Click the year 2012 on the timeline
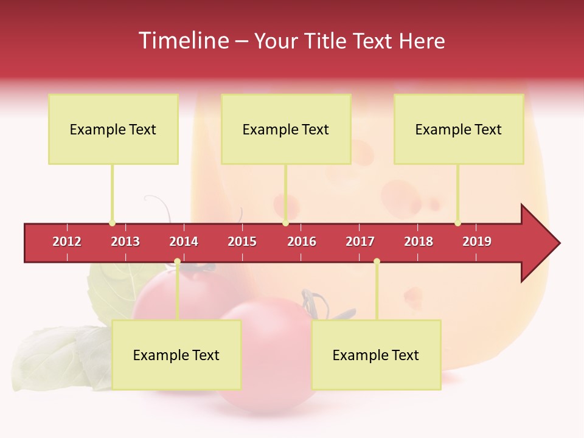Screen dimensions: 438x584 (67, 242)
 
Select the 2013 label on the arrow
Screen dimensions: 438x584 (125, 242)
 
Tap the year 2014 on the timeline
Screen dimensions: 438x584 (184, 242)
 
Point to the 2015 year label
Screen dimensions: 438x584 (242, 242)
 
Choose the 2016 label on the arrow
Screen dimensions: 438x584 (302, 242)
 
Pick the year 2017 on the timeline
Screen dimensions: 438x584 (360, 242)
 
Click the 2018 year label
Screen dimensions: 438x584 (419, 242)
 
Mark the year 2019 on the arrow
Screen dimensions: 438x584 (477, 242)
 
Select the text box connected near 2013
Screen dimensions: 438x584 (113, 129)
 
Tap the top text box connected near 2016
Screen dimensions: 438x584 (286, 129)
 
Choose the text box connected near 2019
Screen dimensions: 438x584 (459, 129)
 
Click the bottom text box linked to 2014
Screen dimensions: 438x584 (176, 355)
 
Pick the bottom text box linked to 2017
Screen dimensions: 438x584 (376, 355)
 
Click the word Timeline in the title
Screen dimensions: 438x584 (182, 41)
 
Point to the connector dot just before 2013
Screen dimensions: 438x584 (112, 223)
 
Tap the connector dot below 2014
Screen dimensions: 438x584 (177, 262)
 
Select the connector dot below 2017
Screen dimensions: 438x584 (377, 262)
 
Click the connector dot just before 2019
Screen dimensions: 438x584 (457, 223)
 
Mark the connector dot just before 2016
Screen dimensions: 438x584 (285, 223)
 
